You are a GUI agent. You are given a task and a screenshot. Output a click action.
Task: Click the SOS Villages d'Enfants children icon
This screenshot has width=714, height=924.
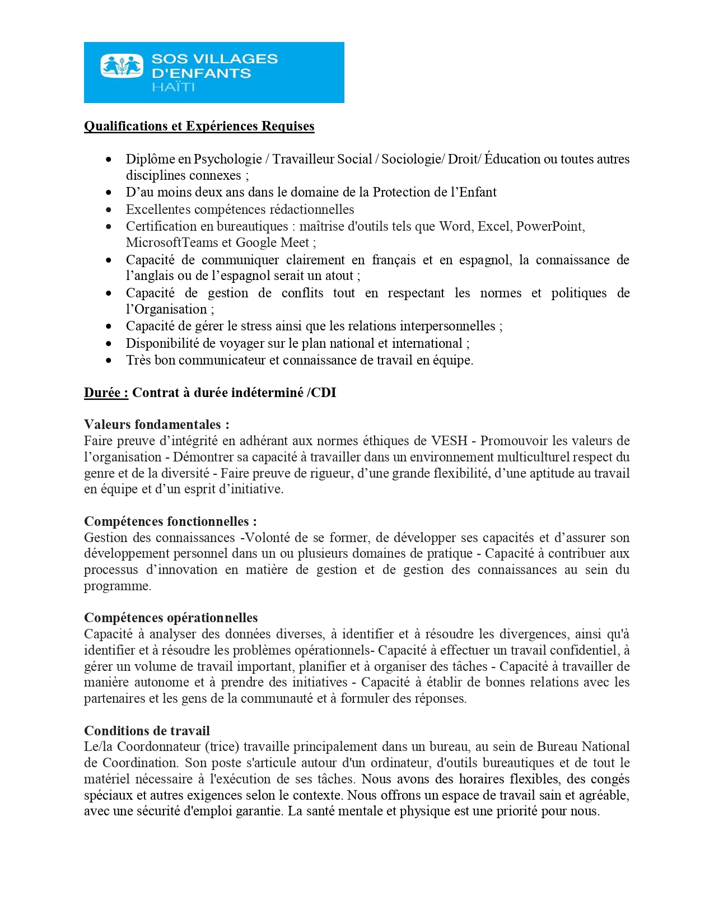point(122,66)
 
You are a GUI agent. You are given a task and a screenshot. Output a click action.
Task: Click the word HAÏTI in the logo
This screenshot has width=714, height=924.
point(173,87)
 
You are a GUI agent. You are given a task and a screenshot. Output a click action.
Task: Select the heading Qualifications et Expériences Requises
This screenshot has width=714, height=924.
point(199,126)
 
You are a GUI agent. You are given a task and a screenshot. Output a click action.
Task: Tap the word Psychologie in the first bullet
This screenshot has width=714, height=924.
point(228,159)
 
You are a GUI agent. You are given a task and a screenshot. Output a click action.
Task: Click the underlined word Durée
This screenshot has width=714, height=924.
point(106,393)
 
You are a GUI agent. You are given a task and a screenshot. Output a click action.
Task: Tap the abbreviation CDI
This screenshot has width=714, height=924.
point(324,393)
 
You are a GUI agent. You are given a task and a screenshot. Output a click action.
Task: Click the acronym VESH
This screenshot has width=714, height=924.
point(449,441)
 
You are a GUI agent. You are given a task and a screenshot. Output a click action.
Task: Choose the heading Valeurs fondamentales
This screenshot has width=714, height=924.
point(156,424)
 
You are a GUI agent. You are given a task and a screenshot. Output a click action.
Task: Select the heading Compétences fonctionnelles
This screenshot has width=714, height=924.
point(170,521)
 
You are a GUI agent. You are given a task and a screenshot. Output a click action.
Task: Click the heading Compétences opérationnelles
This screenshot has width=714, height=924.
point(171,618)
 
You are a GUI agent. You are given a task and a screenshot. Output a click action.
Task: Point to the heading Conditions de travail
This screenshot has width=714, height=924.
point(147,731)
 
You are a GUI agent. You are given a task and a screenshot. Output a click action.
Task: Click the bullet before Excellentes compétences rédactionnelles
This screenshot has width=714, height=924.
point(109,210)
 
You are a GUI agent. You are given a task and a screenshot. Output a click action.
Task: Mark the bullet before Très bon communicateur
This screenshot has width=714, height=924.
point(109,361)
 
